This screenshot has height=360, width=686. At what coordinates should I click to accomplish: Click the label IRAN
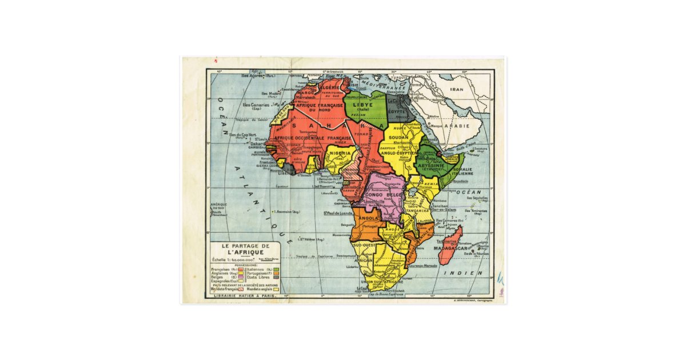[457, 90]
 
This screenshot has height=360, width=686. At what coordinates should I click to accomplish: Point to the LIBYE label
[362, 106]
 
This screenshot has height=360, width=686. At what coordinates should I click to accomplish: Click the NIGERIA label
[339, 154]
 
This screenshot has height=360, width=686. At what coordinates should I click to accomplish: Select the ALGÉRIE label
[329, 87]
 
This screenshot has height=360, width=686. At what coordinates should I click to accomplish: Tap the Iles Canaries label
[256, 105]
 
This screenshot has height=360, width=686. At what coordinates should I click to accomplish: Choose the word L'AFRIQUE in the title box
[245, 253]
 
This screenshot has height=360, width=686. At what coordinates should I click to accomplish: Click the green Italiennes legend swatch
[276, 269]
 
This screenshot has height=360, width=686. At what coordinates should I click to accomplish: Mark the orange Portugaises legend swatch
[276, 273]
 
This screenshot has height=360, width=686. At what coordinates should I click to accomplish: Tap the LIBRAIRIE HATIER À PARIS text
[245, 295]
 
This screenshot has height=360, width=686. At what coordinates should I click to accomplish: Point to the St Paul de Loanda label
[337, 213]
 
